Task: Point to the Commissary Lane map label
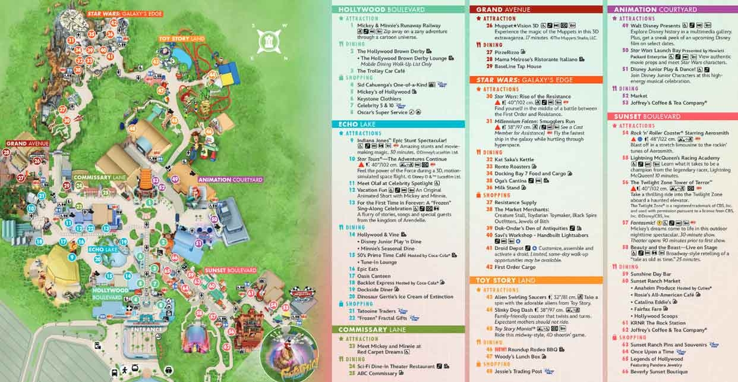click(x=91, y=177)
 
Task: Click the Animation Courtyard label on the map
click(x=231, y=179)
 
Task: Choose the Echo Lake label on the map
click(x=103, y=250)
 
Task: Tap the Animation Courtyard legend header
click(x=655, y=10)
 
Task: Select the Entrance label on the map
click(x=147, y=329)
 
